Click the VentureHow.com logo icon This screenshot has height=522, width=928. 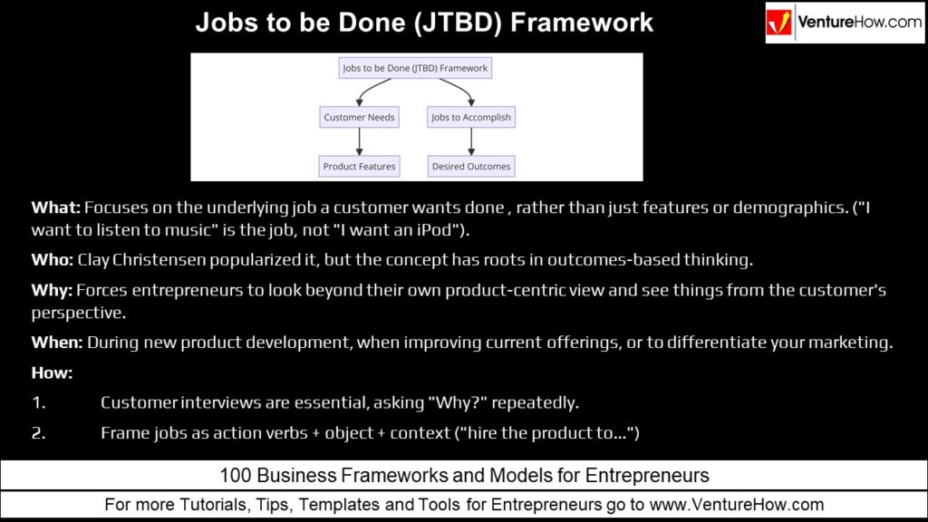tap(778, 23)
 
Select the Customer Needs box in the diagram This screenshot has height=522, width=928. tap(359, 117)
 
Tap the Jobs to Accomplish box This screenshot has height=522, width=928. tap(471, 117)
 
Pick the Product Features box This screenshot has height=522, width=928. tap(359, 167)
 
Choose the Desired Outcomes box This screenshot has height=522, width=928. tap(471, 167)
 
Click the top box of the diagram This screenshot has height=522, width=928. tap(415, 68)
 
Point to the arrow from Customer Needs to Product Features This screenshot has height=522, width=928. tap(359, 141)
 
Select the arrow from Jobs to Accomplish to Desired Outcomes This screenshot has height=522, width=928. tap(471, 141)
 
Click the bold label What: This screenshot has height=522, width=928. tap(55, 208)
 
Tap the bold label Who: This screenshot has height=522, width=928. tap(52, 260)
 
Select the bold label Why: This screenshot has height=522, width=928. tap(52, 291)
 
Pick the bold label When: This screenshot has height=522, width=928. tap(57, 343)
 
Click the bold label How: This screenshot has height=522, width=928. tap(52, 372)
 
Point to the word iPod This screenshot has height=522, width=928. tap(435, 230)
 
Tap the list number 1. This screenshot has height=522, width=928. tap(38, 403)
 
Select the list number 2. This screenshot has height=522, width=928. tap(38, 433)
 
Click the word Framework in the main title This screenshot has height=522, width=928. tap(582, 23)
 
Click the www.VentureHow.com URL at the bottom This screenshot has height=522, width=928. tap(737, 505)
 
